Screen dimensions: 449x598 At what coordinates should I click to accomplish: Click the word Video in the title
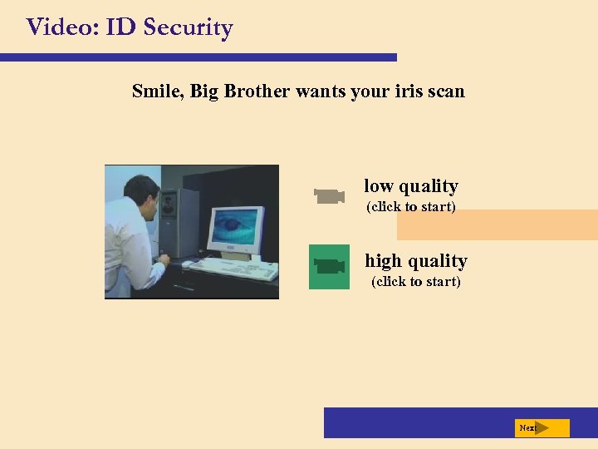pyautogui.click(x=57, y=27)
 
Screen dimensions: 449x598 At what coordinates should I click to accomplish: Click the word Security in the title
pyautogui.click(x=188, y=27)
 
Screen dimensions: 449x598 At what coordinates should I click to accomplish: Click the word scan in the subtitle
pyautogui.click(x=446, y=91)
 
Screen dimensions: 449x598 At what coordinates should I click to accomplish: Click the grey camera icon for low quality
pyautogui.click(x=329, y=196)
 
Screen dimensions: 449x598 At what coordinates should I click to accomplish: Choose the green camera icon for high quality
pyautogui.click(x=329, y=266)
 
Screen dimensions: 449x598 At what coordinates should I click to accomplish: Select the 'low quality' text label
pyautogui.click(x=411, y=186)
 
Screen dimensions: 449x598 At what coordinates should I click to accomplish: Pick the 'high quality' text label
pyautogui.click(x=416, y=261)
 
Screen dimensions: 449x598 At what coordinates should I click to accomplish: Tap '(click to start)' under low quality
pyautogui.click(x=411, y=207)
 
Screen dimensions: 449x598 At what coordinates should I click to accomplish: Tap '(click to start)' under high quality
pyautogui.click(x=416, y=282)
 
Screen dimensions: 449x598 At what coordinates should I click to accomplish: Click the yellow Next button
pyautogui.click(x=542, y=428)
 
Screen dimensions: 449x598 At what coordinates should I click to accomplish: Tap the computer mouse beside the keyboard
pyautogui.click(x=188, y=264)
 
